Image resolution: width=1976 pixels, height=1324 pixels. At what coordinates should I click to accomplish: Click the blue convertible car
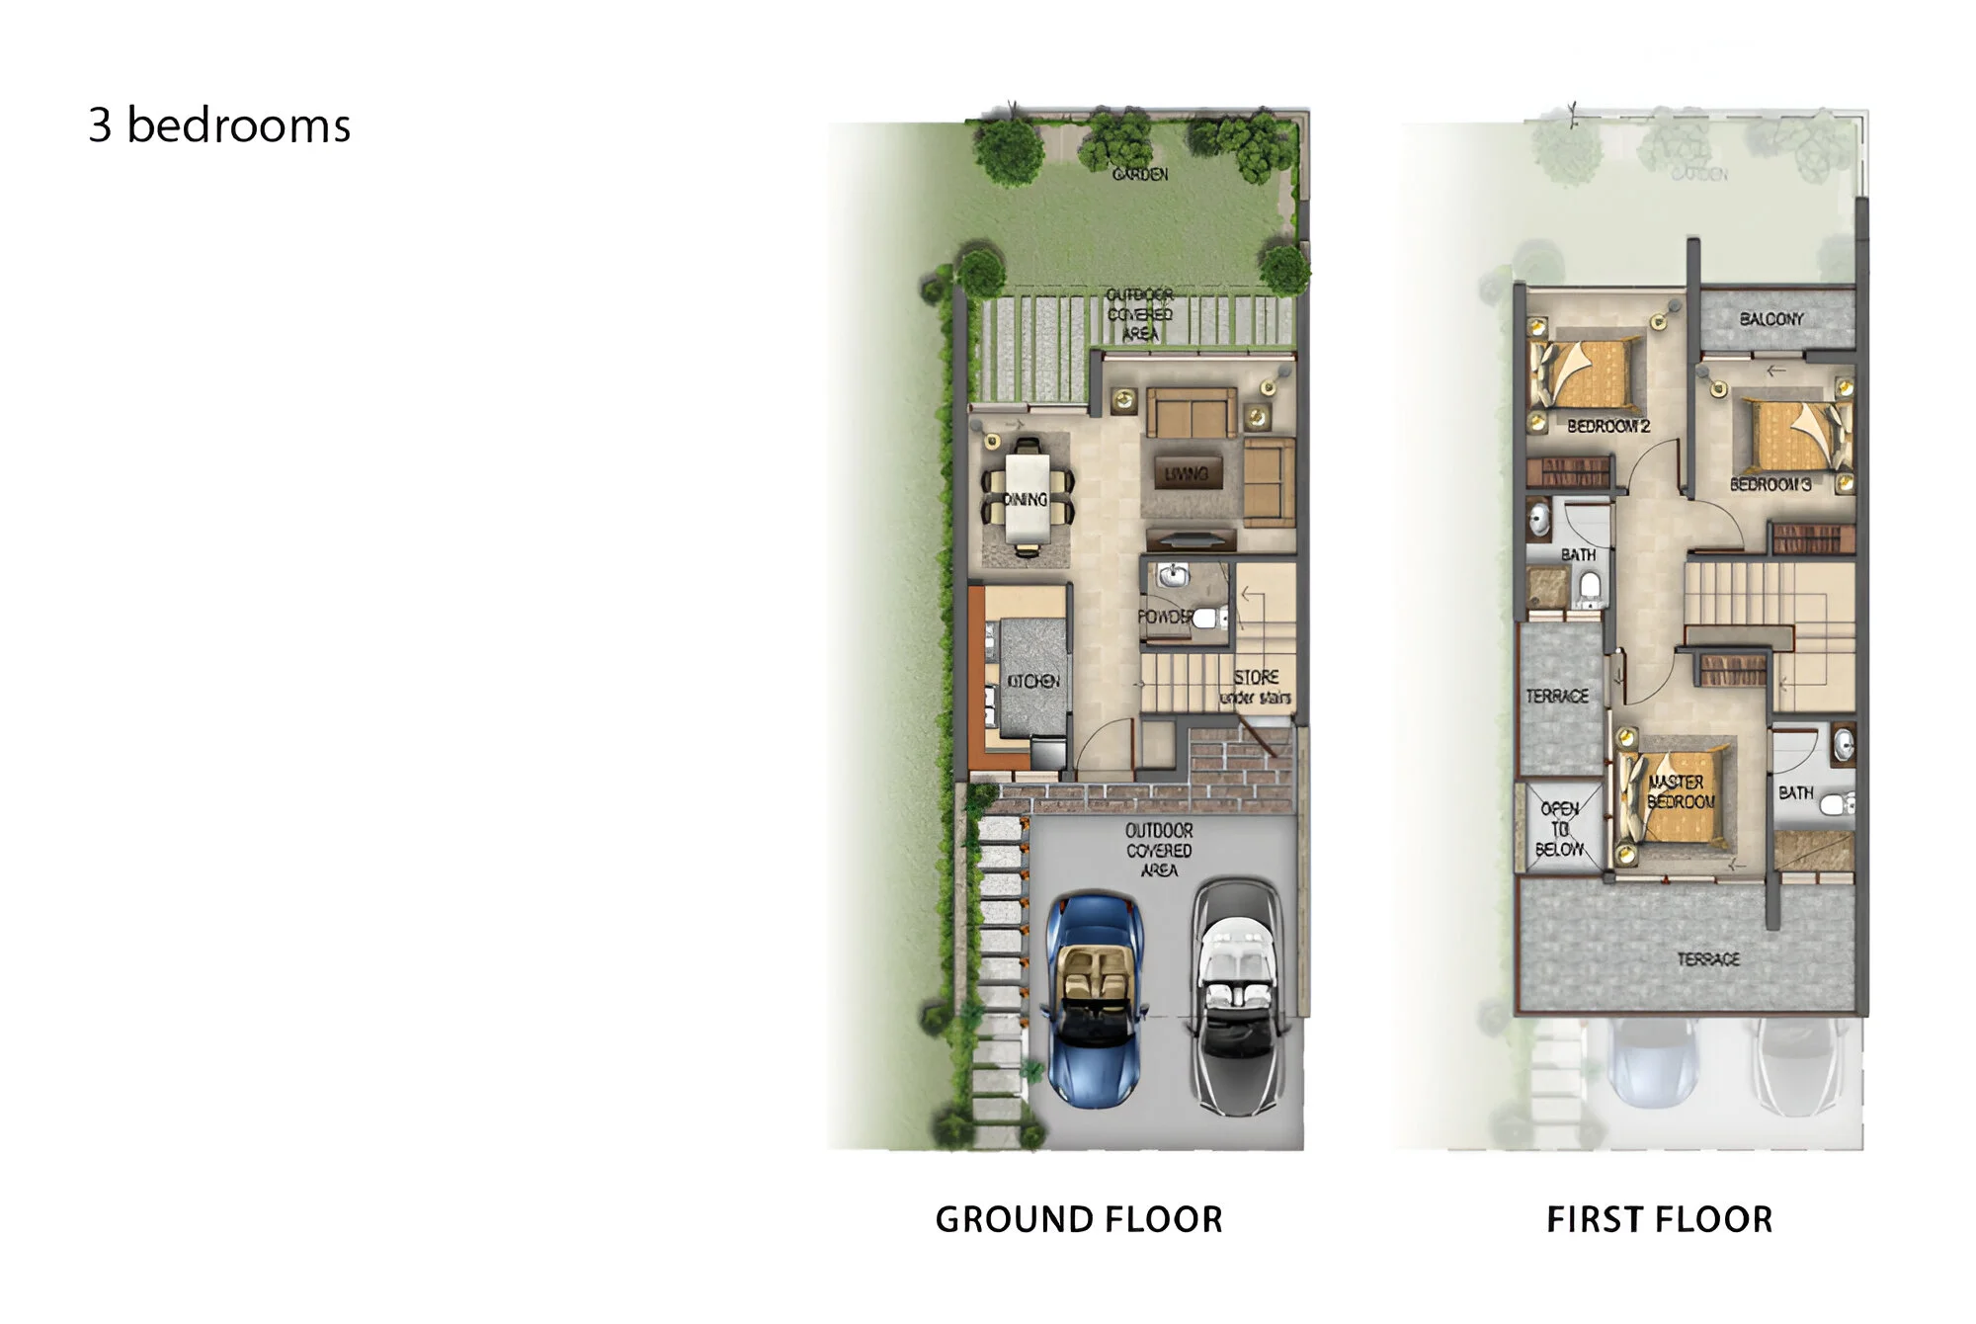click(x=1094, y=998)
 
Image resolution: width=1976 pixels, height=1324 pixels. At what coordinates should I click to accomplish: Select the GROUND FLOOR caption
click(x=1079, y=1219)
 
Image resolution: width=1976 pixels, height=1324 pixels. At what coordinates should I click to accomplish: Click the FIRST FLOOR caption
click(x=1659, y=1219)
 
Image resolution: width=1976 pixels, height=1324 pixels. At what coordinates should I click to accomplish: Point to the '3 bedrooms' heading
click(x=219, y=125)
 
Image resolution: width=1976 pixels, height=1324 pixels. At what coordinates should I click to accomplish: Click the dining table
click(x=1028, y=498)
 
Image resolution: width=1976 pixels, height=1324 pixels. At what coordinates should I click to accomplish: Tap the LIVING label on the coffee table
click(x=1186, y=474)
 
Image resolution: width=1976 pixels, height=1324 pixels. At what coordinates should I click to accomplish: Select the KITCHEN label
click(x=1032, y=681)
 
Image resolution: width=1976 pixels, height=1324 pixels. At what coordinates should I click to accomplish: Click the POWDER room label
click(x=1166, y=616)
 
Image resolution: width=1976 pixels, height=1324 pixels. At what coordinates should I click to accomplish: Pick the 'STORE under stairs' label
click(x=1256, y=687)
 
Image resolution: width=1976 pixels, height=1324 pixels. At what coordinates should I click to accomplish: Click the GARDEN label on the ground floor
click(x=1140, y=174)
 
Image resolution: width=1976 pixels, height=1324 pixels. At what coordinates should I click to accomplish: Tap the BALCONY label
click(x=1771, y=319)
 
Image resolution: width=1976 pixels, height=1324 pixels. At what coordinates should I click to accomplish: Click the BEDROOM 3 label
click(x=1770, y=484)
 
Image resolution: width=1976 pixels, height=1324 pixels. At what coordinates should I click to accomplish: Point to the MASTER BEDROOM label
click(x=1680, y=792)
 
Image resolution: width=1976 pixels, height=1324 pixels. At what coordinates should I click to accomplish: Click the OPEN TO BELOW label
click(x=1559, y=828)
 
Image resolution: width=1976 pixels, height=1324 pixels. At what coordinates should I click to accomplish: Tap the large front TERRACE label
click(x=1708, y=958)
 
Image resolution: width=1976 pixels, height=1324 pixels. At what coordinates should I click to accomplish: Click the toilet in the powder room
click(x=1209, y=619)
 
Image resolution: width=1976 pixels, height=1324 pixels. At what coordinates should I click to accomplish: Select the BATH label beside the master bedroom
click(x=1795, y=792)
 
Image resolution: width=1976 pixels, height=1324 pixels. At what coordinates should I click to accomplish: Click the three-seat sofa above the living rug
click(x=1191, y=412)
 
